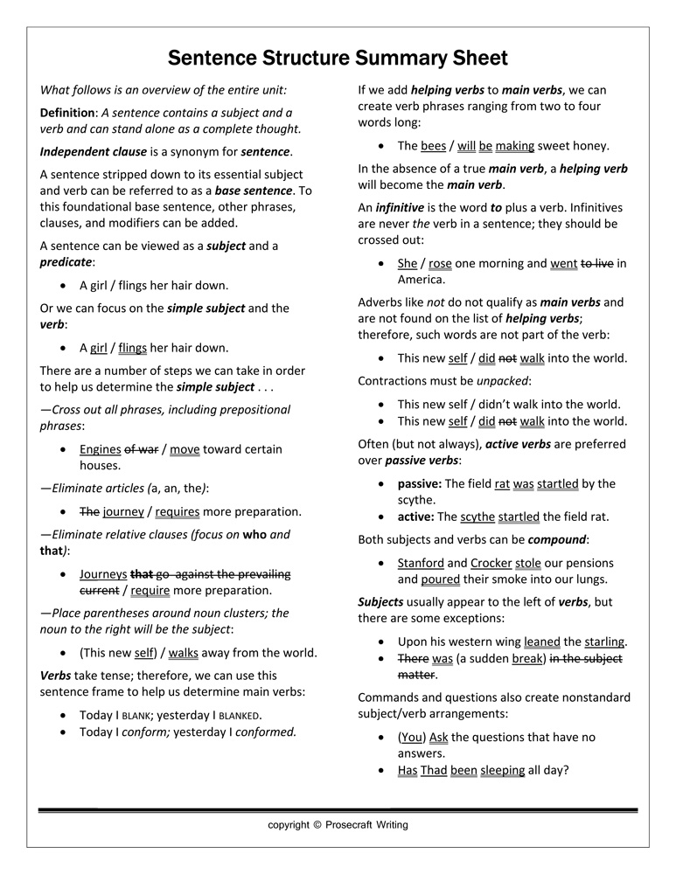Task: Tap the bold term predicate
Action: tap(66, 261)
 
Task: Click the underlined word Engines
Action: tap(100, 449)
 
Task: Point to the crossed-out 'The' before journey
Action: tap(89, 512)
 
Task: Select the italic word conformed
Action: tap(267, 732)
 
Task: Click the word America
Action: tap(422, 280)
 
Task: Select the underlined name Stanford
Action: tap(420, 563)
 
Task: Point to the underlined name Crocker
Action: tap(491, 563)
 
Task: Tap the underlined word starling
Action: tap(604, 642)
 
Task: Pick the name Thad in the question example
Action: tap(434, 770)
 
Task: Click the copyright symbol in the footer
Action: tap(317, 824)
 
